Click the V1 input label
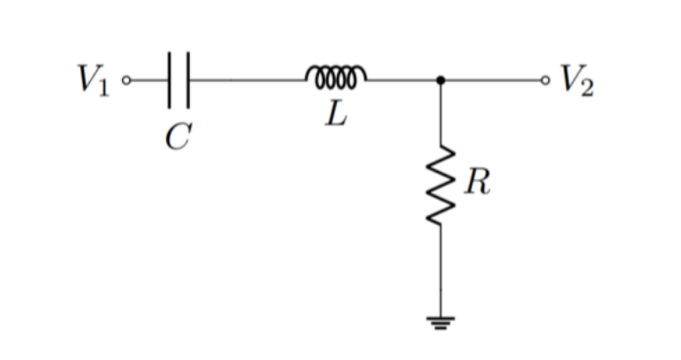[93, 80]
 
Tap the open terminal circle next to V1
[126, 80]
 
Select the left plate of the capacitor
[168, 80]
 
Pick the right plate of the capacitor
[187, 80]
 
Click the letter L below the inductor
[335, 115]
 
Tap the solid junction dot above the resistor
[440, 80]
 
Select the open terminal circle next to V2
[546, 80]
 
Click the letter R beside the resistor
[478, 185]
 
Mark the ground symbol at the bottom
[440, 323]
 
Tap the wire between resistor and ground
[440, 267]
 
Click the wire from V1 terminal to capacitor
[147, 80]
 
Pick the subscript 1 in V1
[103, 87]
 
